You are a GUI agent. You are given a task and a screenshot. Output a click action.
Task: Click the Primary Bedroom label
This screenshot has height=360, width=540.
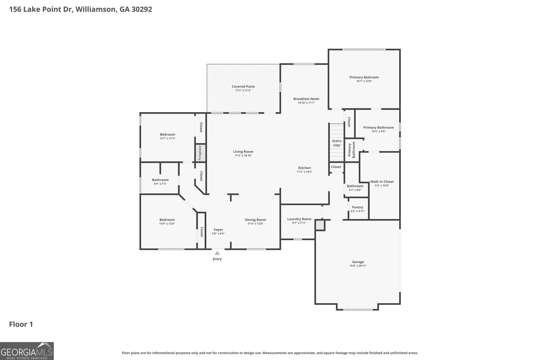click(x=364, y=77)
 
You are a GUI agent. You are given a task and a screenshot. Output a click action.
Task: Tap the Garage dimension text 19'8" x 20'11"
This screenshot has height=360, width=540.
click(x=358, y=266)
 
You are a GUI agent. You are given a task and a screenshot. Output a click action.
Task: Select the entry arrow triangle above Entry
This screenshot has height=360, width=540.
click(x=217, y=253)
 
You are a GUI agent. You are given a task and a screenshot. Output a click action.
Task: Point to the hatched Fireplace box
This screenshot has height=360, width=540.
click(x=199, y=153)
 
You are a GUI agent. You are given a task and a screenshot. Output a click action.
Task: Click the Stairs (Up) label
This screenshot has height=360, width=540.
click(x=336, y=143)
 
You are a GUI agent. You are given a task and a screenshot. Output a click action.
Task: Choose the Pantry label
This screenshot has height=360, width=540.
click(x=357, y=207)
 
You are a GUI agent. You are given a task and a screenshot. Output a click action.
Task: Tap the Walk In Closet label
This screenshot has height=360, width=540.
click(x=382, y=182)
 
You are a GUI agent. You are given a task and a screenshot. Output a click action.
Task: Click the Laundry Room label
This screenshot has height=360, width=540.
click(x=299, y=219)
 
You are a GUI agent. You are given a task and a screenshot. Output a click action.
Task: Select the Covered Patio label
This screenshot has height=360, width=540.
click(x=243, y=86)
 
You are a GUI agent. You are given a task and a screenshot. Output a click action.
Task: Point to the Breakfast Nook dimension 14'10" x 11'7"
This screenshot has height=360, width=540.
click(x=306, y=103)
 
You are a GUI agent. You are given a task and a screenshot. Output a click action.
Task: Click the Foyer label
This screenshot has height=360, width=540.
click(x=218, y=230)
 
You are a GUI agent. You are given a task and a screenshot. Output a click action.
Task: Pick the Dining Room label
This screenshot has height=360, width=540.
click(x=255, y=220)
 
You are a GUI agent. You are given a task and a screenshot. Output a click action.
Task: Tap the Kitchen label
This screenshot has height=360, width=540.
click(x=304, y=168)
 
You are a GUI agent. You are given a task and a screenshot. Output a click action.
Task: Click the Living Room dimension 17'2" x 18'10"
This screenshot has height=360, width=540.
click(x=243, y=156)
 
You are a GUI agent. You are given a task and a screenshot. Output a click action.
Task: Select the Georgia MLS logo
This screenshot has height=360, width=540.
click(x=27, y=351)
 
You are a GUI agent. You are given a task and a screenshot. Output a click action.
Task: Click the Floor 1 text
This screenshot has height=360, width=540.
click(x=21, y=324)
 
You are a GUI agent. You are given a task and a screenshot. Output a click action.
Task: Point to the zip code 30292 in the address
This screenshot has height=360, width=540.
click(x=141, y=9)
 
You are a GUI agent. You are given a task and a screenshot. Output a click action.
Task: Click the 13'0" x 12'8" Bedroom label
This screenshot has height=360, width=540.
click(x=167, y=220)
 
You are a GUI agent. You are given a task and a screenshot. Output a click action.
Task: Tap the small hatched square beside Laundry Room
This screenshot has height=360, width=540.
click(x=320, y=225)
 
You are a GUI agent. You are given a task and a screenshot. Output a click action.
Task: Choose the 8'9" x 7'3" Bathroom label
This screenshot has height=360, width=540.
click(x=160, y=180)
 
